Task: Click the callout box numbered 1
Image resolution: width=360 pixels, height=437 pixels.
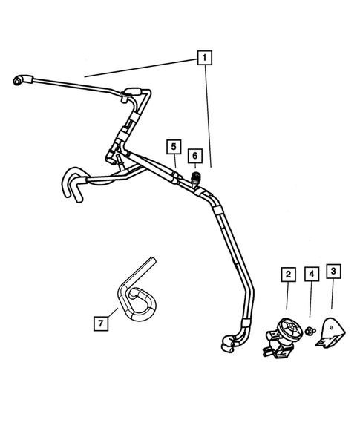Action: [204, 56]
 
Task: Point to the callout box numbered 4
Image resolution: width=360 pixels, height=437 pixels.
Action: [311, 275]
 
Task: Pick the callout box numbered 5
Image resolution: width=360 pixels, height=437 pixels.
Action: [173, 145]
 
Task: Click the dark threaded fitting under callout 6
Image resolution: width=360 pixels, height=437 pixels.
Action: [195, 179]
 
